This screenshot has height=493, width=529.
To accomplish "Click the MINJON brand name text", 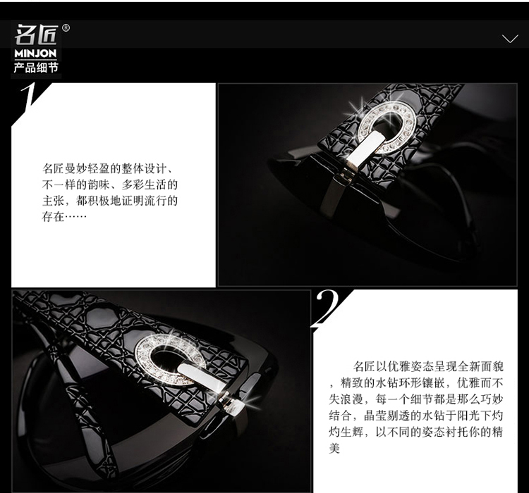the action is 35,54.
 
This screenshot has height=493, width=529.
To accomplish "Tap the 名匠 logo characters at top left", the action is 36,35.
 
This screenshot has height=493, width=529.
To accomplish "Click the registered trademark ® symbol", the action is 66,28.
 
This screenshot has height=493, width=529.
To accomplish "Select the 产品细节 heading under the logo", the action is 36,68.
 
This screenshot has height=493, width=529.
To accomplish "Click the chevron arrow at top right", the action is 510,39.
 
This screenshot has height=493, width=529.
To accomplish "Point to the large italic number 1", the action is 29,99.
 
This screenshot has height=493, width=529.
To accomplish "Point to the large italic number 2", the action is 326,308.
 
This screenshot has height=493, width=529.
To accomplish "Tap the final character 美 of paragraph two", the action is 334,448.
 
